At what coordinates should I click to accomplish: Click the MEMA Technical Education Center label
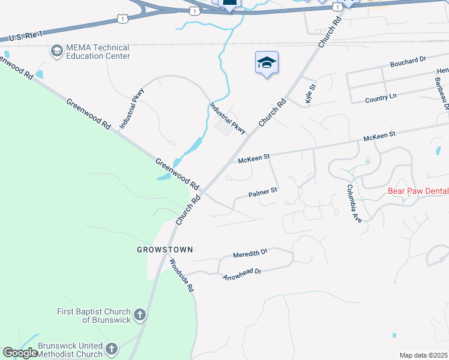coord(97,52)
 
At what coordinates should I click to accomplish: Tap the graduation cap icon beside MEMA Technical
coord(57,51)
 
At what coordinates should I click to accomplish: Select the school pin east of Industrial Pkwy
coord(267,62)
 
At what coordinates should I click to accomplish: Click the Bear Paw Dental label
coord(418,192)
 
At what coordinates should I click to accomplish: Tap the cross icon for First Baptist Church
coord(139,314)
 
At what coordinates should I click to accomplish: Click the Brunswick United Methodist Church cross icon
coord(111,348)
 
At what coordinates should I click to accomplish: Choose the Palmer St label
coord(263,193)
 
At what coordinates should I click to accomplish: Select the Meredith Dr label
coord(250,254)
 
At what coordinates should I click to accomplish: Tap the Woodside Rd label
coord(181,275)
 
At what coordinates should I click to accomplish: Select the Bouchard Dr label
coord(408,61)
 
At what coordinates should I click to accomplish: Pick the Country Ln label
coord(381,97)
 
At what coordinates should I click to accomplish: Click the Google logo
coord(20,353)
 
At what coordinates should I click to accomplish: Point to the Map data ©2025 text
coord(423,355)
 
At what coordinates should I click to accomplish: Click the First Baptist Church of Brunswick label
coord(94,316)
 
